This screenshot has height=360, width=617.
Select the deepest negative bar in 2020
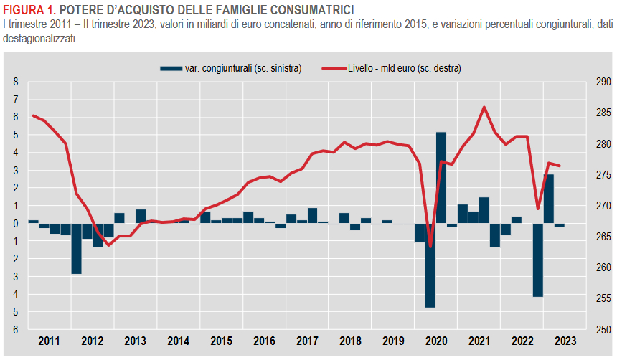point(430,265)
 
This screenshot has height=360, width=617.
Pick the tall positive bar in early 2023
point(548,199)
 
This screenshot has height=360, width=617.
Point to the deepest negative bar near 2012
point(76,248)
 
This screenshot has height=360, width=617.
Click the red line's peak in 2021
point(484,107)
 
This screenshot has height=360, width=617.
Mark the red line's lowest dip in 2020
point(430,247)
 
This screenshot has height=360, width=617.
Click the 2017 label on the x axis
point(307,341)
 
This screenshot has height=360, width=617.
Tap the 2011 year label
point(50,341)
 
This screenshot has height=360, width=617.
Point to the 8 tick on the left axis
point(16,82)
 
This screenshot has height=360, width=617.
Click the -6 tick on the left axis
point(14,330)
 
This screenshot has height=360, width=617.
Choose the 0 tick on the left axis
point(16,224)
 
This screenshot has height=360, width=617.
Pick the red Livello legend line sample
point(333,68)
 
